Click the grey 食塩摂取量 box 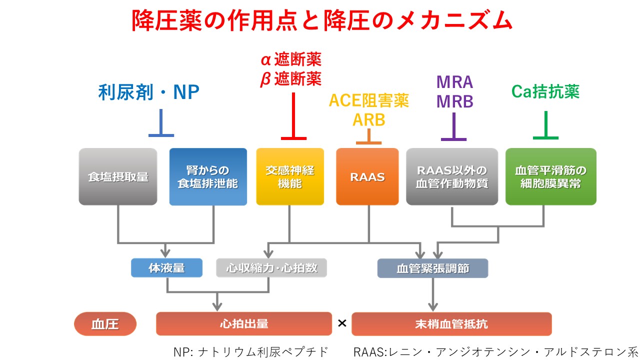[x=117, y=176]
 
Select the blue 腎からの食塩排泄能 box [x=208, y=176]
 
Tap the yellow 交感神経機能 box [x=290, y=176]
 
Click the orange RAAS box [x=367, y=176]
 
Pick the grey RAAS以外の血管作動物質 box [x=452, y=176]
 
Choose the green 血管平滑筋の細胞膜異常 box [x=550, y=176]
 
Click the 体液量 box [x=166, y=268]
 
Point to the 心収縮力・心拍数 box [x=271, y=268]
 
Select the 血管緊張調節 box [x=432, y=268]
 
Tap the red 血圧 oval [x=105, y=324]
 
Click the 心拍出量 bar [x=244, y=323]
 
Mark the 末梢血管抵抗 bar [x=451, y=324]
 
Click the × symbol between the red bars [x=342, y=323]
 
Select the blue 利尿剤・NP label [x=149, y=92]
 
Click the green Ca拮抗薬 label [x=545, y=91]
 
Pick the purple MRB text [x=454, y=101]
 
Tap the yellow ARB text [x=369, y=120]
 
